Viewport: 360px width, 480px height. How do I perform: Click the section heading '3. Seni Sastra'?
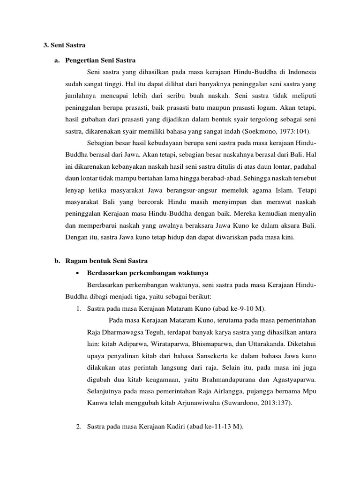[64, 45]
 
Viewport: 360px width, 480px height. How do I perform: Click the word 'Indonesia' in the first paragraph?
[301, 73]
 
